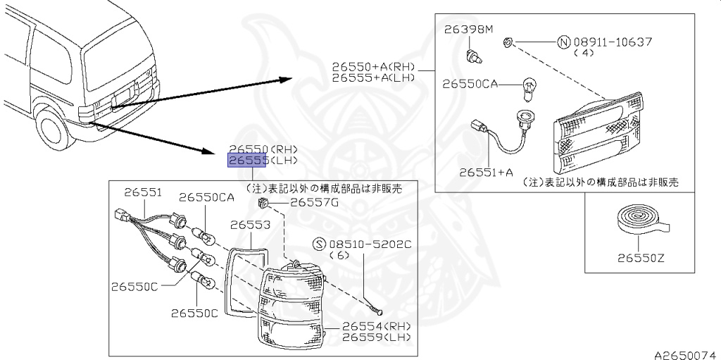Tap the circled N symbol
coord(562,42)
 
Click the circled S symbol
coord(319,244)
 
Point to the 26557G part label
coord(315,203)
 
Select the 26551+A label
coord(485,171)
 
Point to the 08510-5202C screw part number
coord(365,244)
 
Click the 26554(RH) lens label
coord(376,326)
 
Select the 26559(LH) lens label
coord(376,337)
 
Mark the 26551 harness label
coord(143,192)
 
